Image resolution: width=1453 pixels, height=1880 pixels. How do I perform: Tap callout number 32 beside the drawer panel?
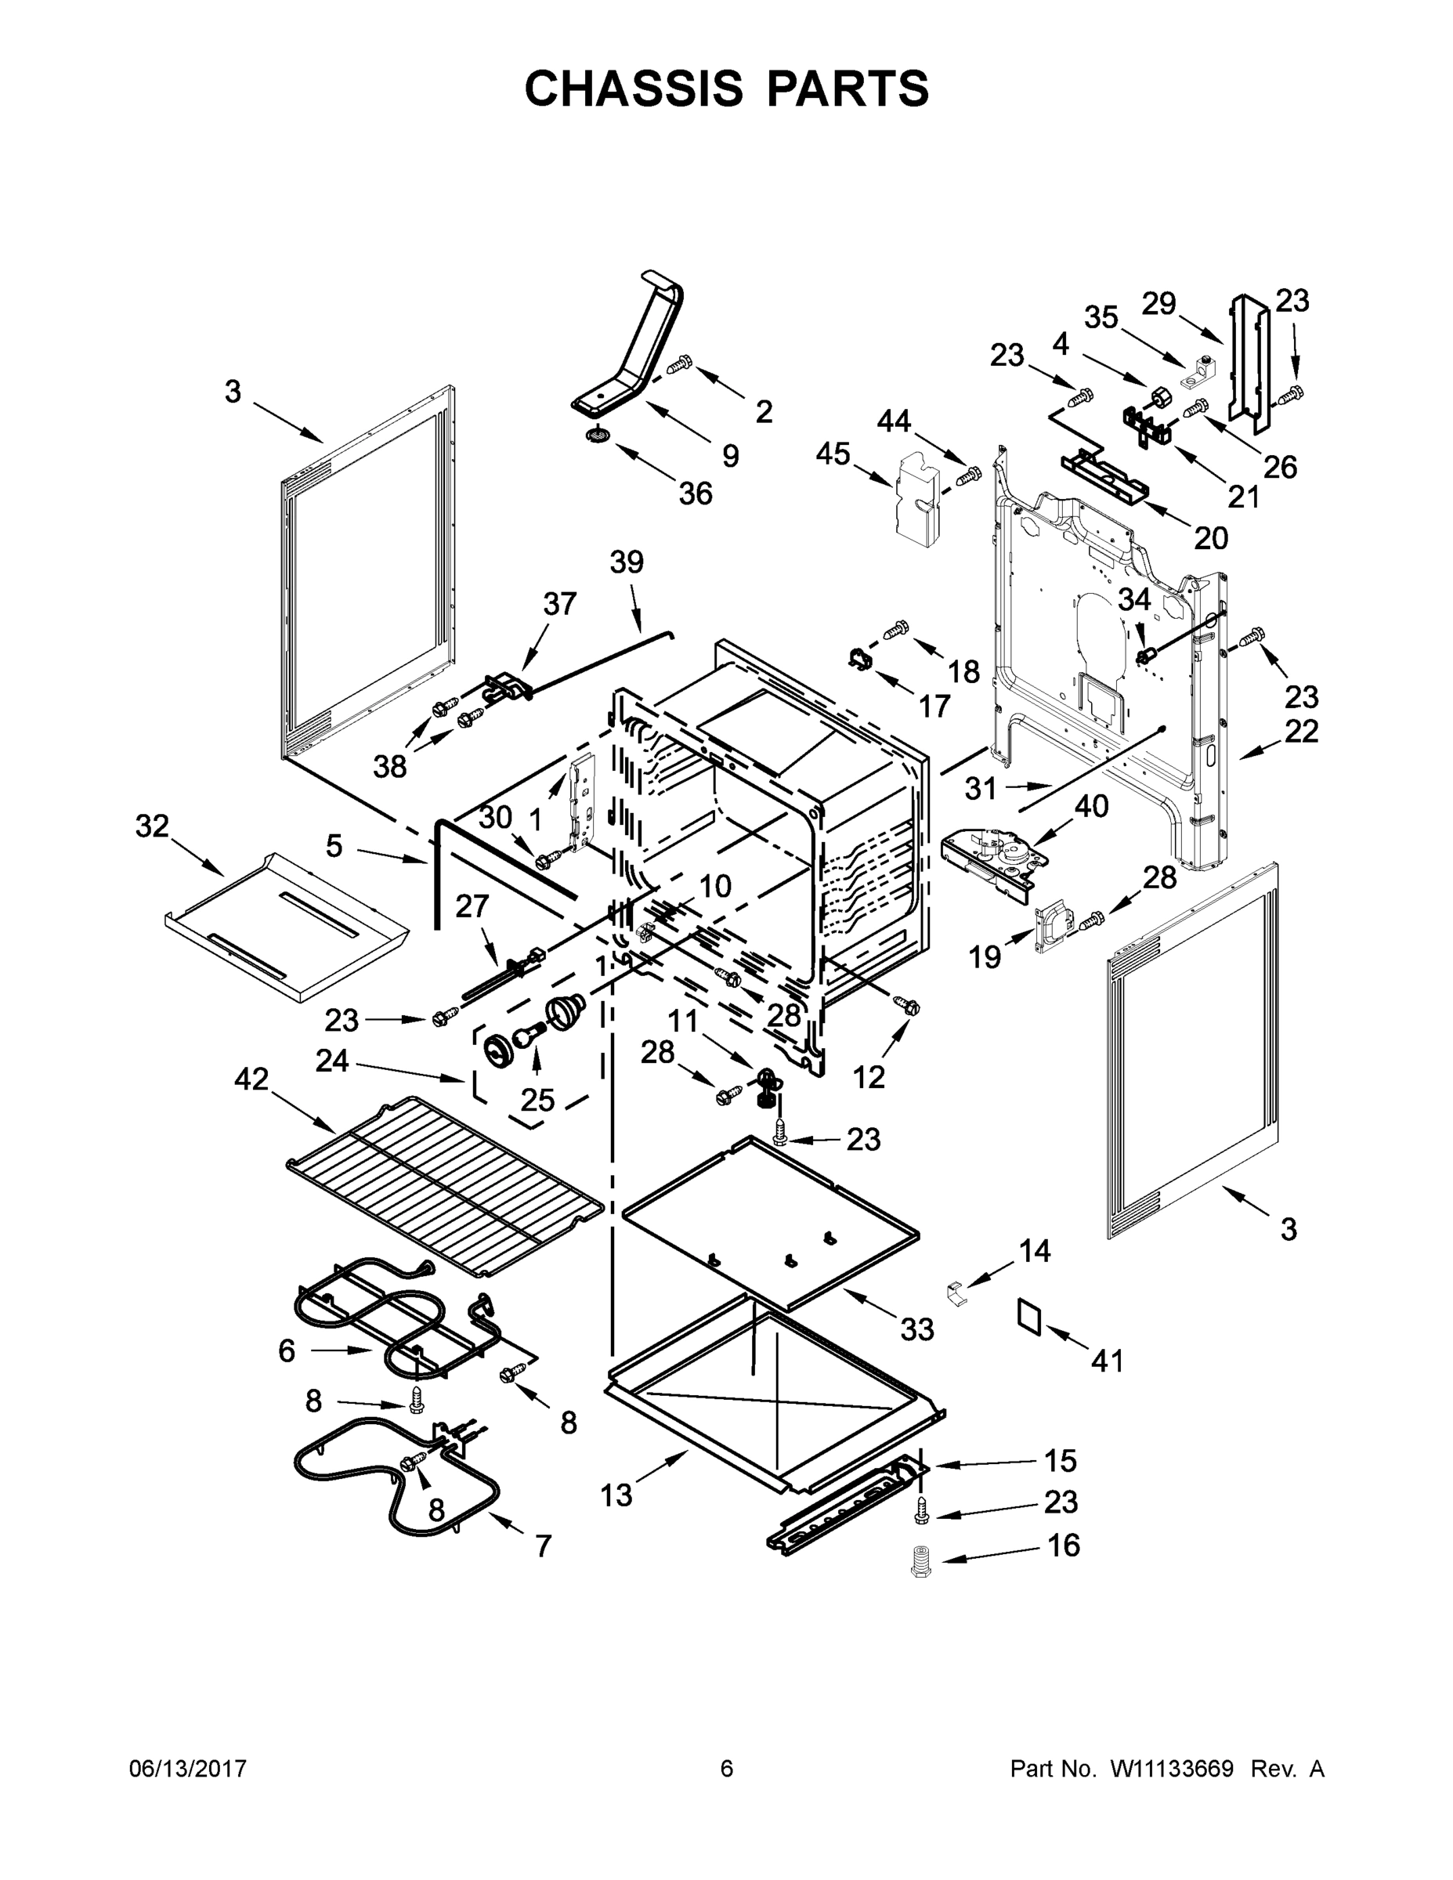[x=153, y=826]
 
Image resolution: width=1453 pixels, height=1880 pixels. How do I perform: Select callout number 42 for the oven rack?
[x=251, y=1079]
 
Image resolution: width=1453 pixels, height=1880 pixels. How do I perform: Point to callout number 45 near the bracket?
[x=833, y=454]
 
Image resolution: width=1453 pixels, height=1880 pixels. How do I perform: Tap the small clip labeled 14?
[x=955, y=1291]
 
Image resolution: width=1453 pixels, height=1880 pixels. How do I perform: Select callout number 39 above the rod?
[x=627, y=562]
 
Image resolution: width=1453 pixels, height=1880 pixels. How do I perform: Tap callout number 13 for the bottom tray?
[x=616, y=1495]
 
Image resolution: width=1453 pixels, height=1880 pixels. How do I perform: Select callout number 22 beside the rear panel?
[x=1300, y=731]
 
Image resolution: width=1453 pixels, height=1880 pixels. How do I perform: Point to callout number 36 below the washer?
[x=696, y=493]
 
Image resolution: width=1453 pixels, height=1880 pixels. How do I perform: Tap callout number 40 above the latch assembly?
[x=1091, y=807]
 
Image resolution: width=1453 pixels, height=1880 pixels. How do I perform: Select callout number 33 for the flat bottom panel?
[x=916, y=1330]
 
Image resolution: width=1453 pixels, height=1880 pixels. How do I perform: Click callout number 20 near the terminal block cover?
[x=1210, y=538]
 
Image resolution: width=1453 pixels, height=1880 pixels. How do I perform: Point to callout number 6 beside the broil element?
[x=287, y=1350]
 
